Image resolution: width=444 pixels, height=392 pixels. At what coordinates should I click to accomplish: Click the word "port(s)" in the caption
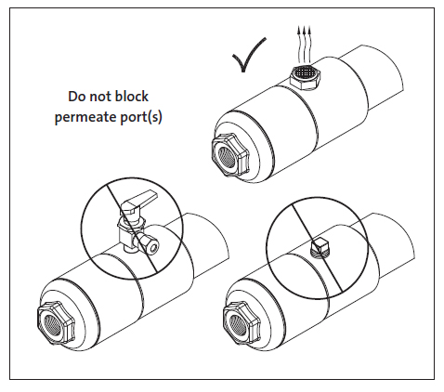click(x=140, y=118)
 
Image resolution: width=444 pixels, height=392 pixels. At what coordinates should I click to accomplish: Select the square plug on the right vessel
click(x=320, y=247)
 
